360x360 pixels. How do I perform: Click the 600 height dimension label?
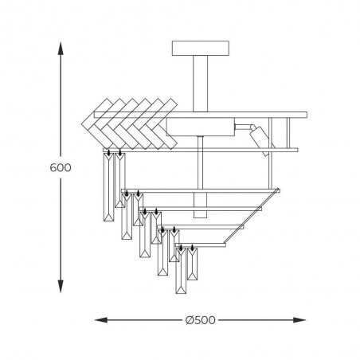tap(61, 167)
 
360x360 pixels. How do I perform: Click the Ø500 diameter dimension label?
tap(201, 320)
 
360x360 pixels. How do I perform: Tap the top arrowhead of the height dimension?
tap(61, 48)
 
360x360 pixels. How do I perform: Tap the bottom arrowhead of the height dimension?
tap(61, 286)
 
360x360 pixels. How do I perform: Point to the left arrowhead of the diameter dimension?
tap(101, 320)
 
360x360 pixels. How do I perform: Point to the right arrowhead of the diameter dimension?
tap(299, 320)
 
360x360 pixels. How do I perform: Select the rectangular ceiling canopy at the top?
tap(201, 49)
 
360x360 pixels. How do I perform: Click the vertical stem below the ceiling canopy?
tap(201, 84)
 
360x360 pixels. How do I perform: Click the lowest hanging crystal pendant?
tap(181, 271)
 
